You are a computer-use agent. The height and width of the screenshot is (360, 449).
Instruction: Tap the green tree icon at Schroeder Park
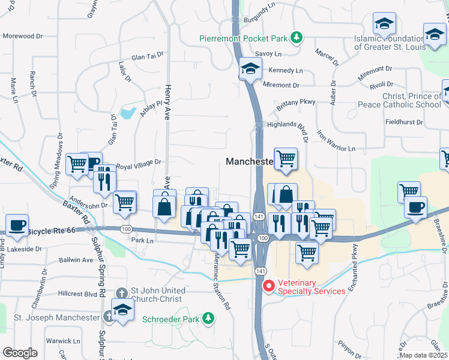[x=208, y=317]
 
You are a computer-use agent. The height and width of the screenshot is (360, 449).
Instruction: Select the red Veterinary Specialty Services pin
[x=268, y=286]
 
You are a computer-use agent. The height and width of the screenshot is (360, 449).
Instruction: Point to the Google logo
[x=20, y=352]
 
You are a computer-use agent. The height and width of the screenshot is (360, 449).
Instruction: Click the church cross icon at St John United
[x=121, y=293]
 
